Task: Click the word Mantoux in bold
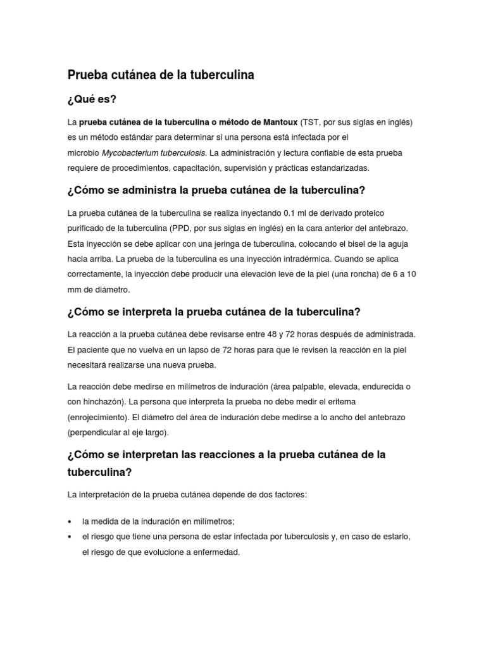276,122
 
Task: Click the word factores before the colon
290,494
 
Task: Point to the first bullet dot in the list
69,521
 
